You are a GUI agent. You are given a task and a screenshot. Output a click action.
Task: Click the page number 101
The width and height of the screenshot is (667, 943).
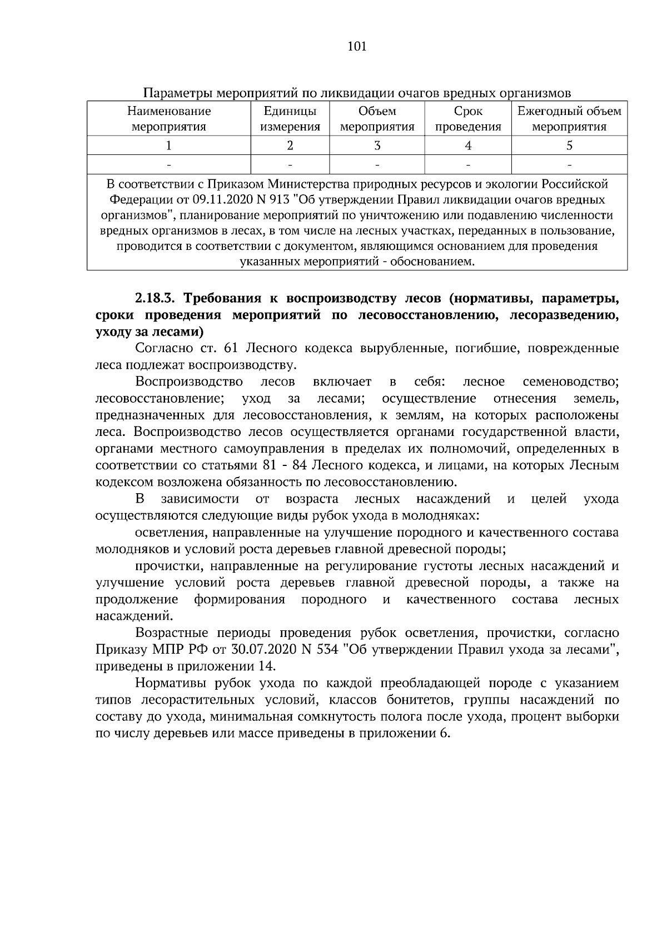click(356, 47)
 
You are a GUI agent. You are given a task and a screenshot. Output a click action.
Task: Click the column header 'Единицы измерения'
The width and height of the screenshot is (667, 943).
click(290, 119)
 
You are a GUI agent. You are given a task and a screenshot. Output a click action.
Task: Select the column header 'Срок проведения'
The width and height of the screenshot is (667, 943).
click(468, 119)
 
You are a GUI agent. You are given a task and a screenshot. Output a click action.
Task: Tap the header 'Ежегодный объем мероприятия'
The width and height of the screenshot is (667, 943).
click(569, 119)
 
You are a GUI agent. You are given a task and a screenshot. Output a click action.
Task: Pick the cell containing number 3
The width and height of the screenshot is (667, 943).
click(377, 146)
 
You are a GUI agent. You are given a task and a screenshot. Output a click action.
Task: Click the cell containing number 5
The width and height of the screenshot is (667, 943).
click(569, 146)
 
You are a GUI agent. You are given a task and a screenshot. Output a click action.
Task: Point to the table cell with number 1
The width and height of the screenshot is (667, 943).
click(168, 146)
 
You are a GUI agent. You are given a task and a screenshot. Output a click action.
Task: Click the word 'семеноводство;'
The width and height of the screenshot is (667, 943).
click(570, 382)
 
